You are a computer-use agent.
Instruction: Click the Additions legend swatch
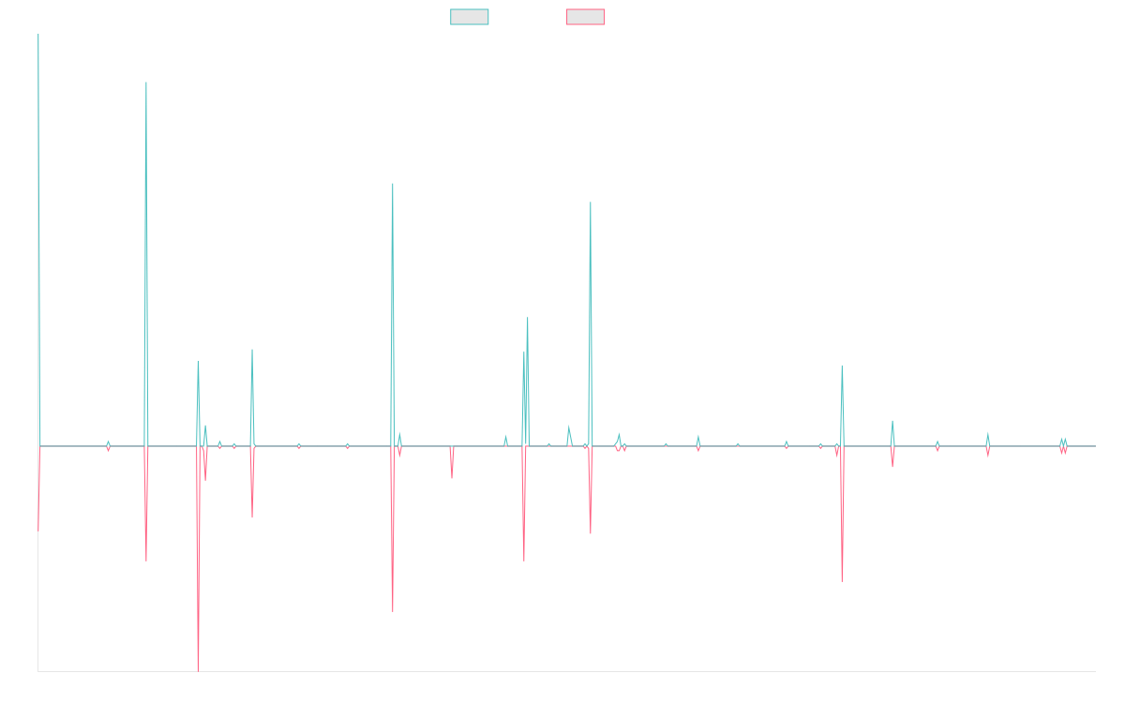click(x=470, y=17)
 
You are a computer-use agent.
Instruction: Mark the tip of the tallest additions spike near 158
click(x=146, y=82)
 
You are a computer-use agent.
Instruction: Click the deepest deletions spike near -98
click(x=198, y=670)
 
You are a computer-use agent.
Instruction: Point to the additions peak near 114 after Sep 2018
click(x=393, y=184)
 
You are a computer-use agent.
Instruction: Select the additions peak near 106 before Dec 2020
click(x=591, y=202)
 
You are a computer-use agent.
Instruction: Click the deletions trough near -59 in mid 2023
click(x=842, y=581)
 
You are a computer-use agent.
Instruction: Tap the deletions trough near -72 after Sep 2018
click(x=393, y=611)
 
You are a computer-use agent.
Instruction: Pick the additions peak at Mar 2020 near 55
click(x=528, y=320)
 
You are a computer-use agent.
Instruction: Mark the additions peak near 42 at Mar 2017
click(x=251, y=350)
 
